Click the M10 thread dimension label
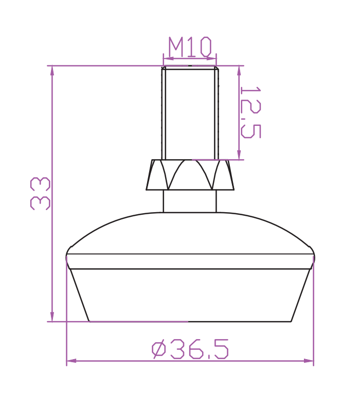190,47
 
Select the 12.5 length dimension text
251,112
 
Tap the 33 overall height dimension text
40,194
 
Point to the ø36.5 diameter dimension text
190,349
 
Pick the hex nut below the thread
190,175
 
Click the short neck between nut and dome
190,201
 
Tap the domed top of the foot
190,233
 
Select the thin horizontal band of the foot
190,261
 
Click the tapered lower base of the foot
190,295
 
